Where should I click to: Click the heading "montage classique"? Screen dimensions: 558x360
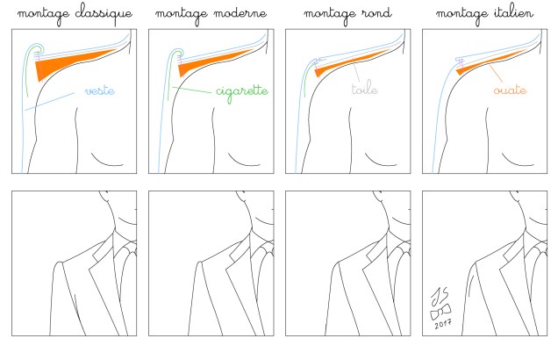75,14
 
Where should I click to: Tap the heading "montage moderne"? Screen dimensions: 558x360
211,14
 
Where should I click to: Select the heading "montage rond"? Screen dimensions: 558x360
347,14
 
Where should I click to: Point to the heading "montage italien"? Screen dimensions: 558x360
484,14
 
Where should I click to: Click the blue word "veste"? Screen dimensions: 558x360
100,90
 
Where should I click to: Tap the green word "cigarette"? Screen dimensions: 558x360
242,92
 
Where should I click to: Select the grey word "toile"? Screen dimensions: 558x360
364,88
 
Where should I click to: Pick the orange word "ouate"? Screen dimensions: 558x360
510,90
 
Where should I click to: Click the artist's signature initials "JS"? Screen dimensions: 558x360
440,296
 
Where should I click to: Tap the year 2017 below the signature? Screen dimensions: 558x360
443,324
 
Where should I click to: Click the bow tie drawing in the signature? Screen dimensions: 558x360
440,312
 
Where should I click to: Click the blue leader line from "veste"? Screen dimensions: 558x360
49,102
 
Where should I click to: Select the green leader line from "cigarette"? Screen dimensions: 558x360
192,90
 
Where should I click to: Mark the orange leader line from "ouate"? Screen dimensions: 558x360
496,74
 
